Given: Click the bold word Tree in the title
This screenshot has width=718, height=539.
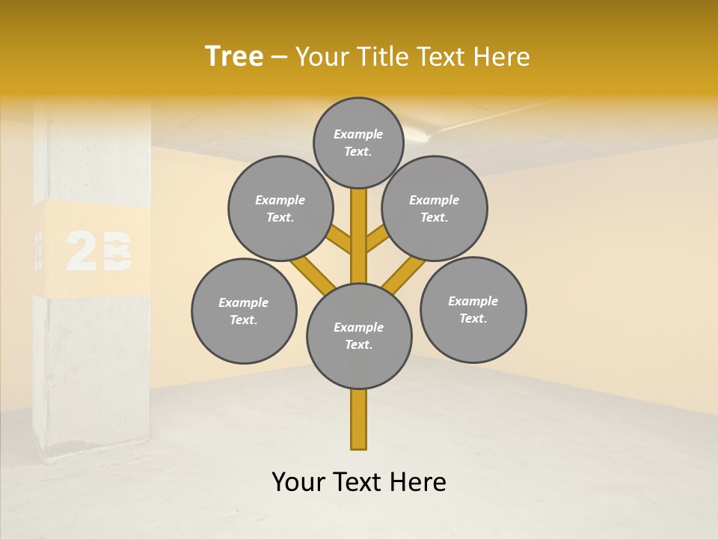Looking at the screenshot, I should pos(234,57).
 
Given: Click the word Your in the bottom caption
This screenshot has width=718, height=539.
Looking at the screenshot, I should pos(299,482).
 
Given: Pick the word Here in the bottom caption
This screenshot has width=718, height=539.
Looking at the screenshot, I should pos(418,482).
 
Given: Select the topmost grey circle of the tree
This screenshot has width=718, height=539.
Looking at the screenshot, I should pos(358,142).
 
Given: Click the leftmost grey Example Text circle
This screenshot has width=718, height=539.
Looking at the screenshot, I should pos(244,311).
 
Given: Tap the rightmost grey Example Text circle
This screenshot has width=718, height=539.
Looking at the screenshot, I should pos(473,310).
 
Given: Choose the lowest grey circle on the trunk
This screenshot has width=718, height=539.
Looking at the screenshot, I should pos(359,336).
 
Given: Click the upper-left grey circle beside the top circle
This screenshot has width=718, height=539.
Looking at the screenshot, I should pos(280,209).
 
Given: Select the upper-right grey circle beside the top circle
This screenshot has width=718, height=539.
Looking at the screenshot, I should pos(435,209).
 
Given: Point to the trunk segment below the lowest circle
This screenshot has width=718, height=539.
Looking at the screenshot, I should pos(359,419).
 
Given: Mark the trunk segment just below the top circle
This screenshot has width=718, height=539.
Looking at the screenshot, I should pos(359,225).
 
